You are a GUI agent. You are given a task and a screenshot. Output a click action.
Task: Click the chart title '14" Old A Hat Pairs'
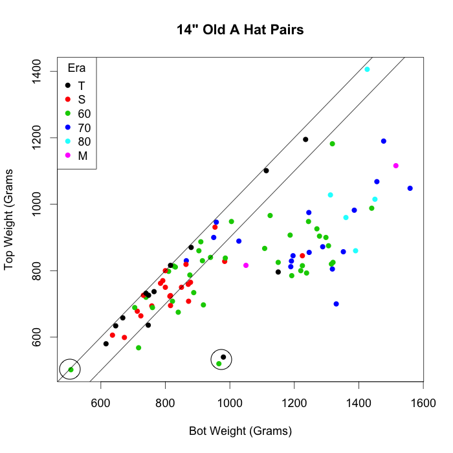240,30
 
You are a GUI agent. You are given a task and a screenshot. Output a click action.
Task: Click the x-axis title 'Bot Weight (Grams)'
240,431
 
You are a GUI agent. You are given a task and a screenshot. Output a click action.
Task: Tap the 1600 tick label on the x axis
423,403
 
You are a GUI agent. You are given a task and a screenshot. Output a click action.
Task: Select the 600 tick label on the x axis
101,403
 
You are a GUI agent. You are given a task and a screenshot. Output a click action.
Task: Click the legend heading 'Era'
77,69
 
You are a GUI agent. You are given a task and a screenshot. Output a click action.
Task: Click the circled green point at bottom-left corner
71,370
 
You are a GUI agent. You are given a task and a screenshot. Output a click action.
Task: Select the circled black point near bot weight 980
223,357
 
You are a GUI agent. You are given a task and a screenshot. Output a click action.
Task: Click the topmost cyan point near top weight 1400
367,69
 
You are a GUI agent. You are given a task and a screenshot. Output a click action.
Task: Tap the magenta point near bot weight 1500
396,166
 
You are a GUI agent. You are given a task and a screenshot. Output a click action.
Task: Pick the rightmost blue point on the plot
410,188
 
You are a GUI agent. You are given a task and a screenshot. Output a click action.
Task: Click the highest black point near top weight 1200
305,139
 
